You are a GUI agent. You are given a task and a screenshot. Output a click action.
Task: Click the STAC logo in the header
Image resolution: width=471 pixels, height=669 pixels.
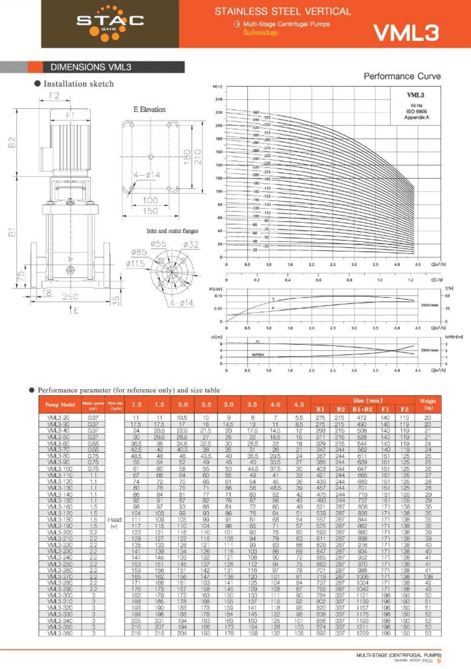110,22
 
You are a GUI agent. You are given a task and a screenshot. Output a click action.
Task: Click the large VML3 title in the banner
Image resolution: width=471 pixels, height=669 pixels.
406,33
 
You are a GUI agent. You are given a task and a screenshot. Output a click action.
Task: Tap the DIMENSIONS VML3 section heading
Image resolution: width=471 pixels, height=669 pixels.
91,67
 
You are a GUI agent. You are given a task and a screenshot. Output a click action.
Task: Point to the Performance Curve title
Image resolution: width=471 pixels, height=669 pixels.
402,76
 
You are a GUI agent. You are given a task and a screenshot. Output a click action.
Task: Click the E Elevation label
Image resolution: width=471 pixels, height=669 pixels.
149,110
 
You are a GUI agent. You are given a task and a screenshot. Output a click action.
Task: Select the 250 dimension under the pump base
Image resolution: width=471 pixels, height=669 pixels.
70,296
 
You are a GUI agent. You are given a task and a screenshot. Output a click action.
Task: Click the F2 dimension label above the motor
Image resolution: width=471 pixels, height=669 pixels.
54,95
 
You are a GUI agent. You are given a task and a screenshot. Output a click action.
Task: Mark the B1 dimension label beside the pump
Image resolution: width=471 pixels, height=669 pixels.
12,232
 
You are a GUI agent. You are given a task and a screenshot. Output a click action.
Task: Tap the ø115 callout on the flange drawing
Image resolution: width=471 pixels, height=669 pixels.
135,263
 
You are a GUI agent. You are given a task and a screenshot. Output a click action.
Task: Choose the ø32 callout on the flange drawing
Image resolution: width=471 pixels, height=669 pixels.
191,244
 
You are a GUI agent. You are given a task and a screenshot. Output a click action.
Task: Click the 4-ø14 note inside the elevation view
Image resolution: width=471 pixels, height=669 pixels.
147,175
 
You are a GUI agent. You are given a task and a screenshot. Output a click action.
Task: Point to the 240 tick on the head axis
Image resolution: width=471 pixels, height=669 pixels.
218,99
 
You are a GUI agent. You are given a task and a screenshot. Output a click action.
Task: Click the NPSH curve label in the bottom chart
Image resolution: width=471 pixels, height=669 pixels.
258,355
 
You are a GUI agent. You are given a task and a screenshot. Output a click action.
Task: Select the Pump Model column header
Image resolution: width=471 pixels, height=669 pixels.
60,405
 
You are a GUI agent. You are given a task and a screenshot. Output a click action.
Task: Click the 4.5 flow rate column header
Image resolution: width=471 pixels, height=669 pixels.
299,405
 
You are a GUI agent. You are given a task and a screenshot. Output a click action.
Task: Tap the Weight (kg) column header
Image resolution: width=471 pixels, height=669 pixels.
428,404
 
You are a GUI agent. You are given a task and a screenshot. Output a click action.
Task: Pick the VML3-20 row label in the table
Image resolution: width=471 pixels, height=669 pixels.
58,417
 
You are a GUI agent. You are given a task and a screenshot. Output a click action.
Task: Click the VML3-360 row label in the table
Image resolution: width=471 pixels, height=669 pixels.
60,633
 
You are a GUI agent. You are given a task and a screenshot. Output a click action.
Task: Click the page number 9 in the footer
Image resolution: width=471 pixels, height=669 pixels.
439,661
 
